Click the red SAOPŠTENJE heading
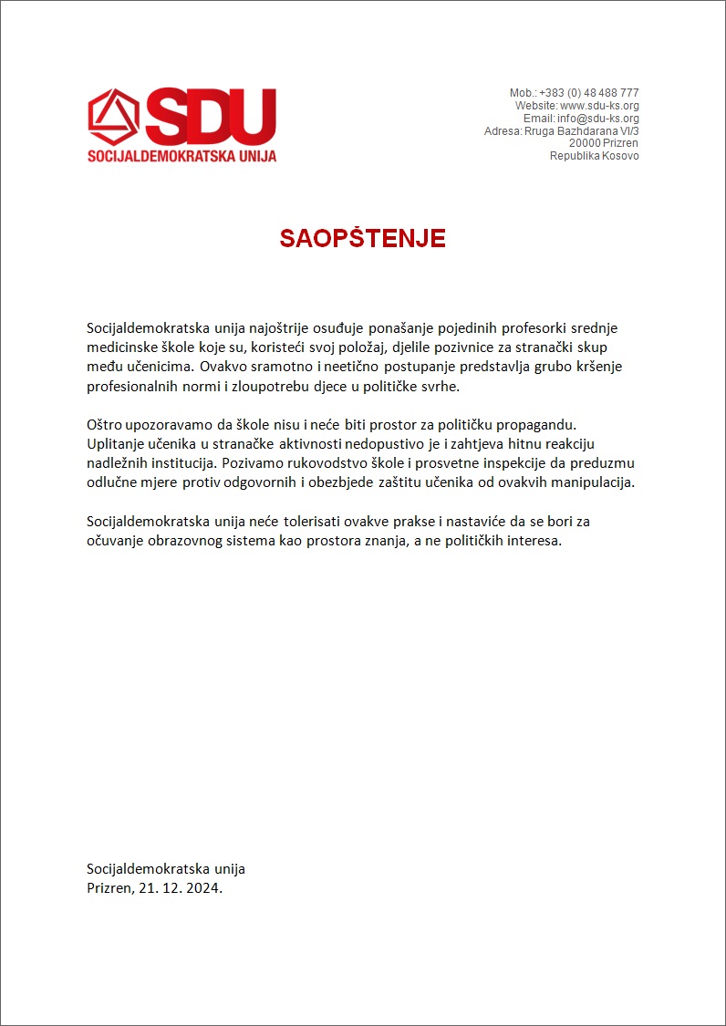(362, 239)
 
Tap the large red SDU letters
(211, 116)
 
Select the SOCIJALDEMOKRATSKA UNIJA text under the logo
(181, 156)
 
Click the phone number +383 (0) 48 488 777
(588, 93)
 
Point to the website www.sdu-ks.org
(599, 106)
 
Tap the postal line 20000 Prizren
(603, 143)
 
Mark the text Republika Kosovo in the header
(594, 156)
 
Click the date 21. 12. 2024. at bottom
(181, 887)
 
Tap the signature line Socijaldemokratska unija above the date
(166, 868)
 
